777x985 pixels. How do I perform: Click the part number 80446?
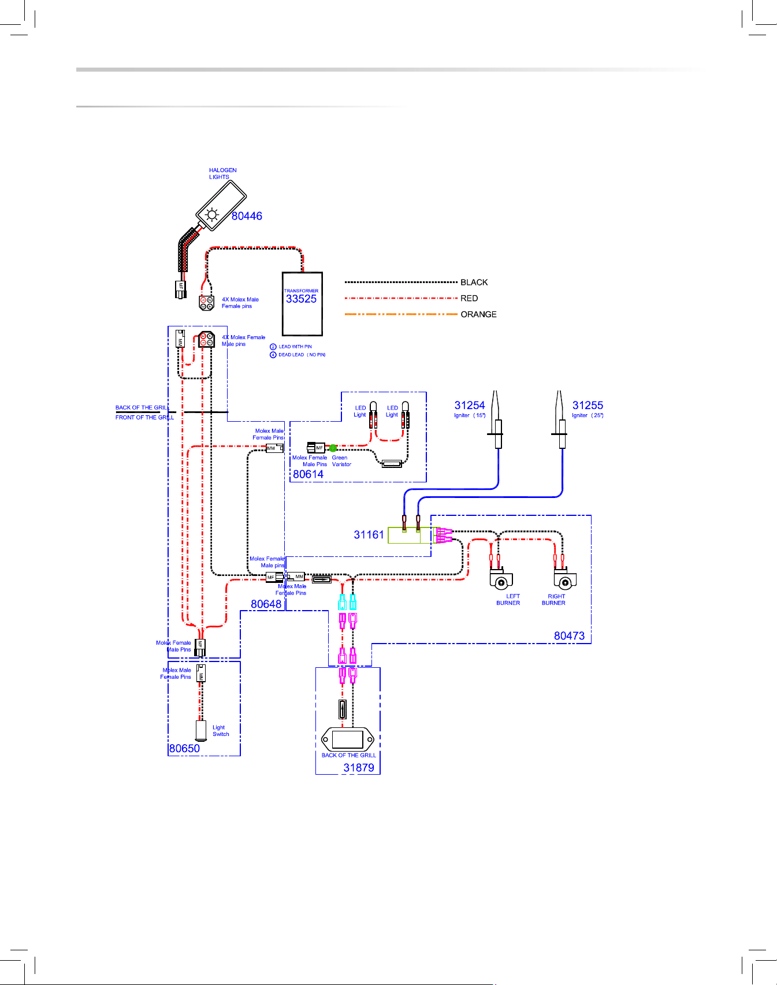(247, 216)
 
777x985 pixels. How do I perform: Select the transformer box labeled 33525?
(302, 304)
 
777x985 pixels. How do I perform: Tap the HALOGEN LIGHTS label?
(223, 173)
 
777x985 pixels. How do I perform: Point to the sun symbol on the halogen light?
(212, 215)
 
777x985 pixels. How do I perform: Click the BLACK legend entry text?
(474, 283)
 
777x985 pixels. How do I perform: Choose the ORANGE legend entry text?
(479, 314)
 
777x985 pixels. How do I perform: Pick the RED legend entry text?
(469, 299)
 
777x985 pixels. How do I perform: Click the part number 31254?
(470, 406)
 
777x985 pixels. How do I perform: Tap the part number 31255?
(588, 406)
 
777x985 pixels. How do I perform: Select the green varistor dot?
(333, 448)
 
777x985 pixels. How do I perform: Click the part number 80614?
(308, 474)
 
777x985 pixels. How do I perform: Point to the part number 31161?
(369, 535)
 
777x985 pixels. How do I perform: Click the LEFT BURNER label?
(508, 600)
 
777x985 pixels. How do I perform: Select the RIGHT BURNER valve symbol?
(565, 579)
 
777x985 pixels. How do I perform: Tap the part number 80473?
(569, 636)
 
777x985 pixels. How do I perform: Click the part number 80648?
(266, 604)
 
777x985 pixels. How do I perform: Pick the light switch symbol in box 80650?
(200, 730)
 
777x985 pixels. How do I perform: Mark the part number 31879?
(359, 768)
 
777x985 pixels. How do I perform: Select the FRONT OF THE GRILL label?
(144, 417)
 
